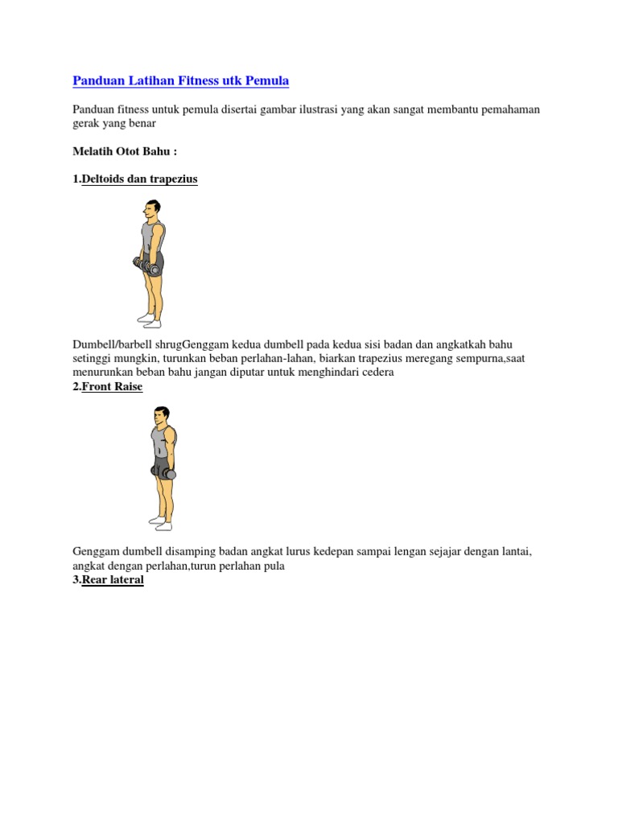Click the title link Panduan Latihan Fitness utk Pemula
coord(180,80)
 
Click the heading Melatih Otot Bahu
coord(124,151)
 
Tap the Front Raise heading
coord(112,386)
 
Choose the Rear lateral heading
coord(113,579)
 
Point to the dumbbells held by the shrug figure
coord(144,265)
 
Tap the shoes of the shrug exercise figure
coord(150,320)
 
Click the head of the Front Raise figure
coord(162,415)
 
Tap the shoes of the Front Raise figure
coord(161,525)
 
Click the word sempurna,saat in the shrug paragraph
coord(492,359)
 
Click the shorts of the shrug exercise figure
coord(153,262)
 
